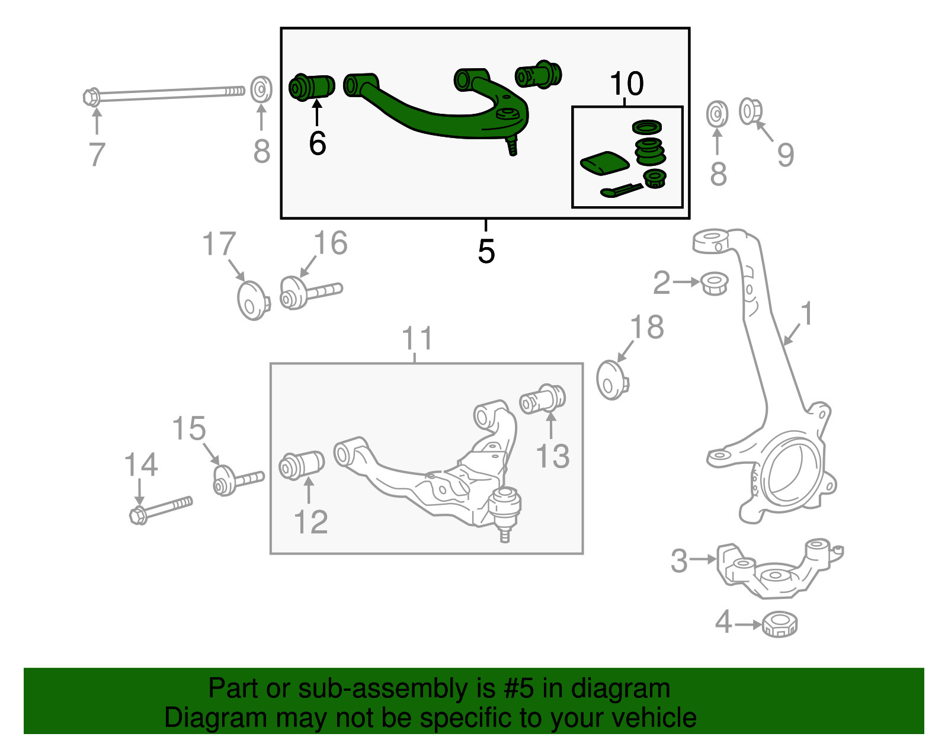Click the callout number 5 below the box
coord(486,252)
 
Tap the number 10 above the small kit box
coord(626,84)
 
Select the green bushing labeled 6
coord(312,87)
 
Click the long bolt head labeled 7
coord(92,97)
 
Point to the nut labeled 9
coord(750,111)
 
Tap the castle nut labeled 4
coord(779,624)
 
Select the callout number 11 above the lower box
coord(417,339)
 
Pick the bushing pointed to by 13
coord(543,400)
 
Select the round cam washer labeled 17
coord(253,300)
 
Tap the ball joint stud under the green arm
coord(511,145)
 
